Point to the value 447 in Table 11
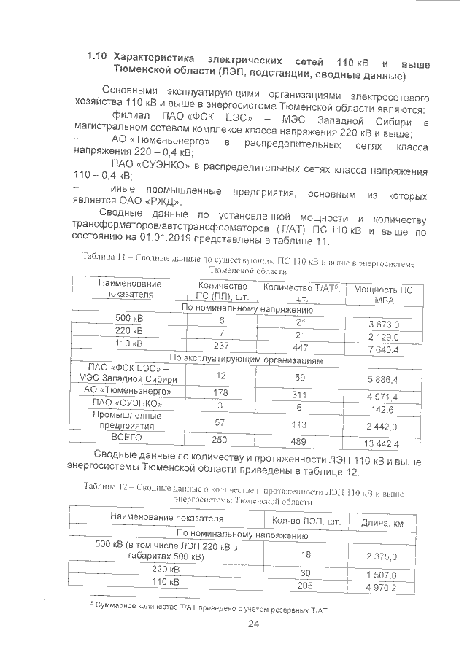300,346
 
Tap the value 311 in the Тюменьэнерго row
300,395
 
